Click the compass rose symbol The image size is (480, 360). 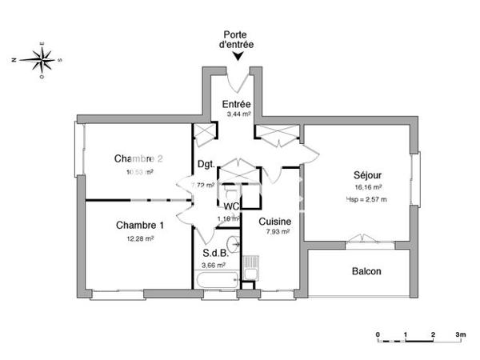pyautogui.click(x=38, y=58)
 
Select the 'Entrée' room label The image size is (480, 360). pyautogui.click(x=236, y=105)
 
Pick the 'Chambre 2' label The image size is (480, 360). pyautogui.click(x=138, y=158)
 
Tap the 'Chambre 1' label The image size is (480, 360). pyautogui.click(x=138, y=225)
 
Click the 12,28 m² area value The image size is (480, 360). pyautogui.click(x=139, y=238)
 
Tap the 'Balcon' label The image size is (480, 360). pyautogui.click(x=366, y=271)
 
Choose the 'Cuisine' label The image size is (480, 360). pyautogui.click(x=274, y=222)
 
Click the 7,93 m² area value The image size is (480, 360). pyautogui.click(x=276, y=232)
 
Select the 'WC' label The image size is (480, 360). pyautogui.click(x=232, y=206)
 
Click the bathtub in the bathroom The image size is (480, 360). pyautogui.click(x=217, y=280)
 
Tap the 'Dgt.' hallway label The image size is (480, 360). pyautogui.click(x=205, y=166)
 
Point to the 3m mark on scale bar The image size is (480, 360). pyautogui.click(x=461, y=333)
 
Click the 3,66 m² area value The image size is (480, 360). pyautogui.click(x=214, y=265)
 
